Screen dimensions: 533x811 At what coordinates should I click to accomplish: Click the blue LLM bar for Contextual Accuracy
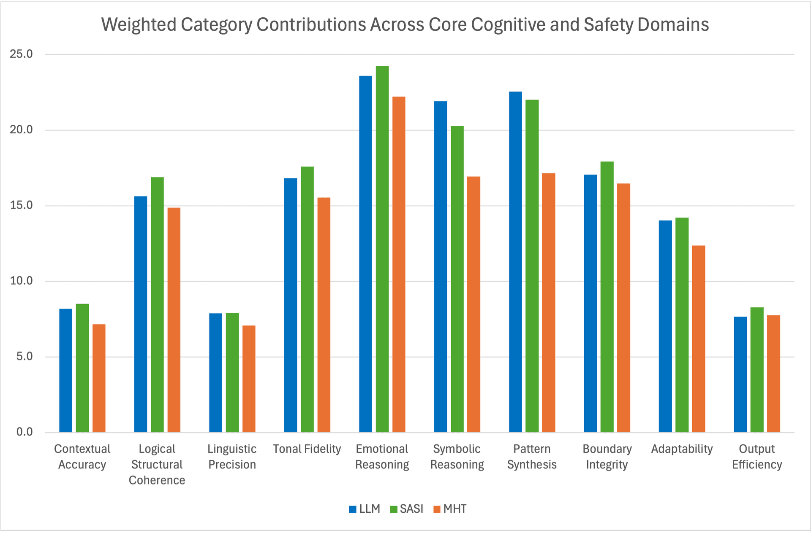(65, 371)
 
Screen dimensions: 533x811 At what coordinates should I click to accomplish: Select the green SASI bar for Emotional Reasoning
(382, 249)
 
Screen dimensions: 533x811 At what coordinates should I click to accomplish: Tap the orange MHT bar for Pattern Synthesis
(549, 303)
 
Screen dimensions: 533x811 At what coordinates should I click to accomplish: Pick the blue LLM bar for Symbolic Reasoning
(441, 267)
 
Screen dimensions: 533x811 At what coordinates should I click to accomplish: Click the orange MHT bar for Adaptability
(699, 339)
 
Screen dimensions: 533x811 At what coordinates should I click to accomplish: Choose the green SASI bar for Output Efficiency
(757, 370)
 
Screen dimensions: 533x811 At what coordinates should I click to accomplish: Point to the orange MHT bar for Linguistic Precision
(249, 379)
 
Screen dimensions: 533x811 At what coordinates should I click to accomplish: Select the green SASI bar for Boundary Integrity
(607, 297)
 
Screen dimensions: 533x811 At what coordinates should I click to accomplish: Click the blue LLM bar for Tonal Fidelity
(291, 305)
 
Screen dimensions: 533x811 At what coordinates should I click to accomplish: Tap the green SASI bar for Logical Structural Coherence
(157, 305)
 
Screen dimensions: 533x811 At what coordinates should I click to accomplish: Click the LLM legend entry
(365, 509)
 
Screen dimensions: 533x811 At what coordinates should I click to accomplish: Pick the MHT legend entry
(450, 509)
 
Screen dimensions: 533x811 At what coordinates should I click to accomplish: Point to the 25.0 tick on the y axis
(22, 54)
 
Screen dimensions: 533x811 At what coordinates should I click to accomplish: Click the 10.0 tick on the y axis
(22, 281)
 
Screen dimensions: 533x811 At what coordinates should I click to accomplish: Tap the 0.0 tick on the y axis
(24, 432)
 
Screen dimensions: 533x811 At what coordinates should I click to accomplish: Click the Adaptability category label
(682, 449)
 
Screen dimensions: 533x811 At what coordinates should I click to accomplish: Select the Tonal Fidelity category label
(307, 449)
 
